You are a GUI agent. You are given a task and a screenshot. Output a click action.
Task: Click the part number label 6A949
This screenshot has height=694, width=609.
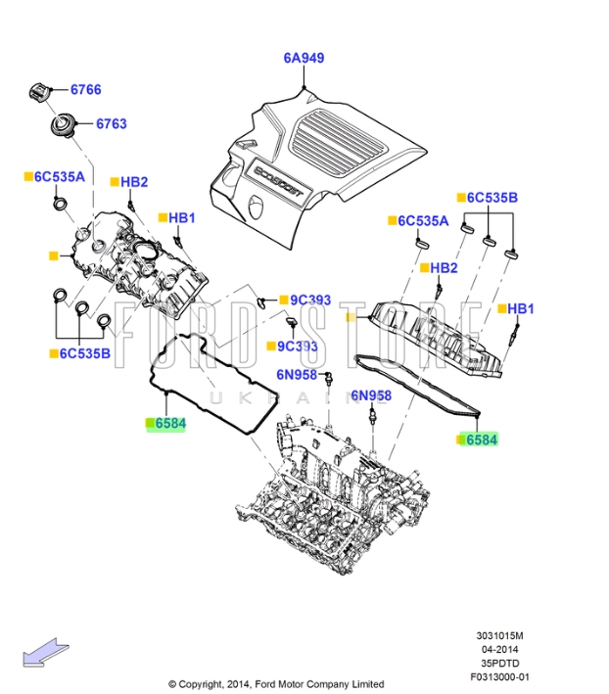pos(304,58)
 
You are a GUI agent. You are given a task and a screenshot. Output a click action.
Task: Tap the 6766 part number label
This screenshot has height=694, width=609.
pos(85,90)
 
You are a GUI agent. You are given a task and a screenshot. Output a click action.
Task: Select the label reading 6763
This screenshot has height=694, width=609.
pos(111,124)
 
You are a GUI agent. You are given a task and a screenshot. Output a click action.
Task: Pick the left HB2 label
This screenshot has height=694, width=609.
pos(134,182)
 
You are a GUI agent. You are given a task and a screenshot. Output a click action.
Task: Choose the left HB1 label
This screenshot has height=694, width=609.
pos(182,217)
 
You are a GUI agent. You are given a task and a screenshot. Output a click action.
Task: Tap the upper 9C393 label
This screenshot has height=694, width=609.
pos(310,300)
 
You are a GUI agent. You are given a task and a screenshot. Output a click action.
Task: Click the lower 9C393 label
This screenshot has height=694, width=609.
pos(297,346)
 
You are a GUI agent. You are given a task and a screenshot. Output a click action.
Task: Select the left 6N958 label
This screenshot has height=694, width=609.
pos(296,373)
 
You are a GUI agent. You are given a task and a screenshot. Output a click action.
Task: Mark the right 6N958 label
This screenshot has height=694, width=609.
pos(371,395)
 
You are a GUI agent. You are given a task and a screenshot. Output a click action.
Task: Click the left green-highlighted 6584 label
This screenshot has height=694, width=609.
pos(167,424)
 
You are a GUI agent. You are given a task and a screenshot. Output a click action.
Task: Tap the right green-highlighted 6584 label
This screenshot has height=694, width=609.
pos(481,440)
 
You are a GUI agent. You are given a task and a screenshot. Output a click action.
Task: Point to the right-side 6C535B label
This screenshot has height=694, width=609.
pos(492,198)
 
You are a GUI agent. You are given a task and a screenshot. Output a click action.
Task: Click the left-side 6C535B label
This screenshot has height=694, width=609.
pos(85,353)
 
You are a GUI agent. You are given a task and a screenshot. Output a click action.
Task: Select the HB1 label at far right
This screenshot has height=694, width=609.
pos(521,309)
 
